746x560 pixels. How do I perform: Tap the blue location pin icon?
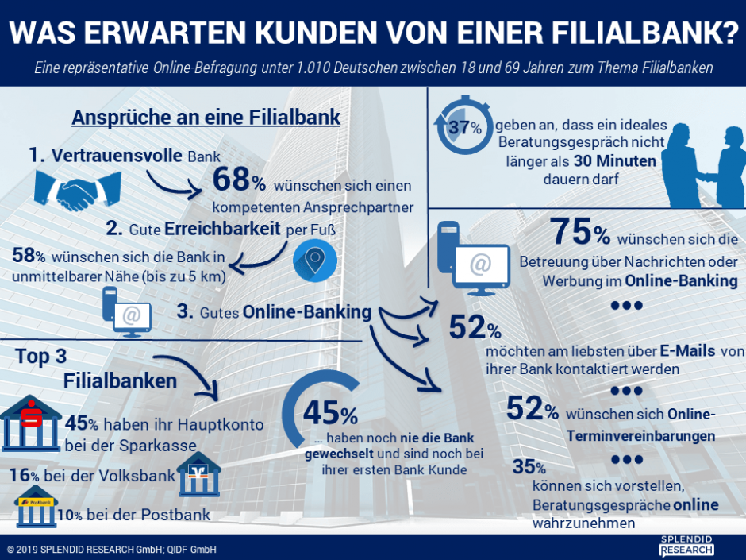(315, 259)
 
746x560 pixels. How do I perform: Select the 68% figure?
(239, 182)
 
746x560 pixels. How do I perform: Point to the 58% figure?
(28, 256)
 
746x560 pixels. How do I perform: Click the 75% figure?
(580, 232)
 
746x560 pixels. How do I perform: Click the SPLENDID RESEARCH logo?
(686, 546)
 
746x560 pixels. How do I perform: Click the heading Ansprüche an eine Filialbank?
(206, 117)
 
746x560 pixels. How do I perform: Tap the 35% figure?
(529, 467)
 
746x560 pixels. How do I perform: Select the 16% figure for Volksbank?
(25, 476)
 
